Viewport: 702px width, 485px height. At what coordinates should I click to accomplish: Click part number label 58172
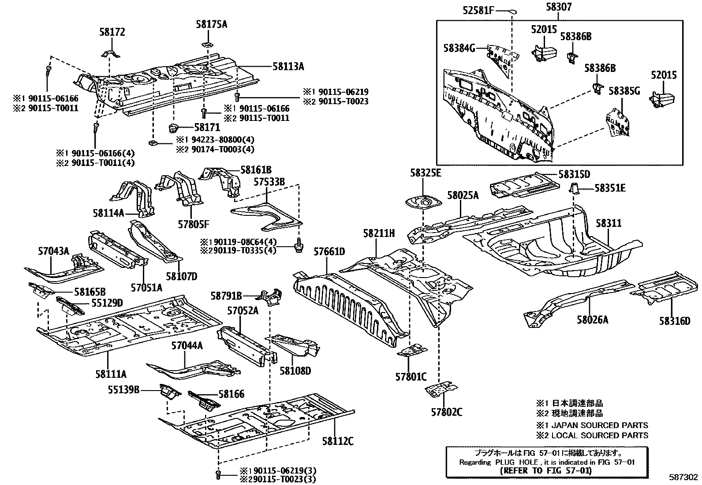coord(112,32)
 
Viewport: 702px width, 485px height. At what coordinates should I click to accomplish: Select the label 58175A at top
coord(212,24)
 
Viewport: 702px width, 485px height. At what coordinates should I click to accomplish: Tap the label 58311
coord(609,223)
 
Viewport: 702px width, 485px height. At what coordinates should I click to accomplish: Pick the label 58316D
coord(675,321)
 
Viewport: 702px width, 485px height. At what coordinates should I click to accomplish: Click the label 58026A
coord(592,319)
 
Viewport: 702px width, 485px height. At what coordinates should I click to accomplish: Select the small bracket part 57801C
coord(412,351)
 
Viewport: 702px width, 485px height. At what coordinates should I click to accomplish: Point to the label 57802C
coord(446,412)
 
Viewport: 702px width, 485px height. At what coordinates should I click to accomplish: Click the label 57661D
coord(329,252)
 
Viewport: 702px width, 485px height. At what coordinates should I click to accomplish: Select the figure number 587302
coord(683,477)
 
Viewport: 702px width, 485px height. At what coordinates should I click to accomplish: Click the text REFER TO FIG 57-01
coord(547,470)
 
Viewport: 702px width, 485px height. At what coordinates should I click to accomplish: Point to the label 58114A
coord(108,213)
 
